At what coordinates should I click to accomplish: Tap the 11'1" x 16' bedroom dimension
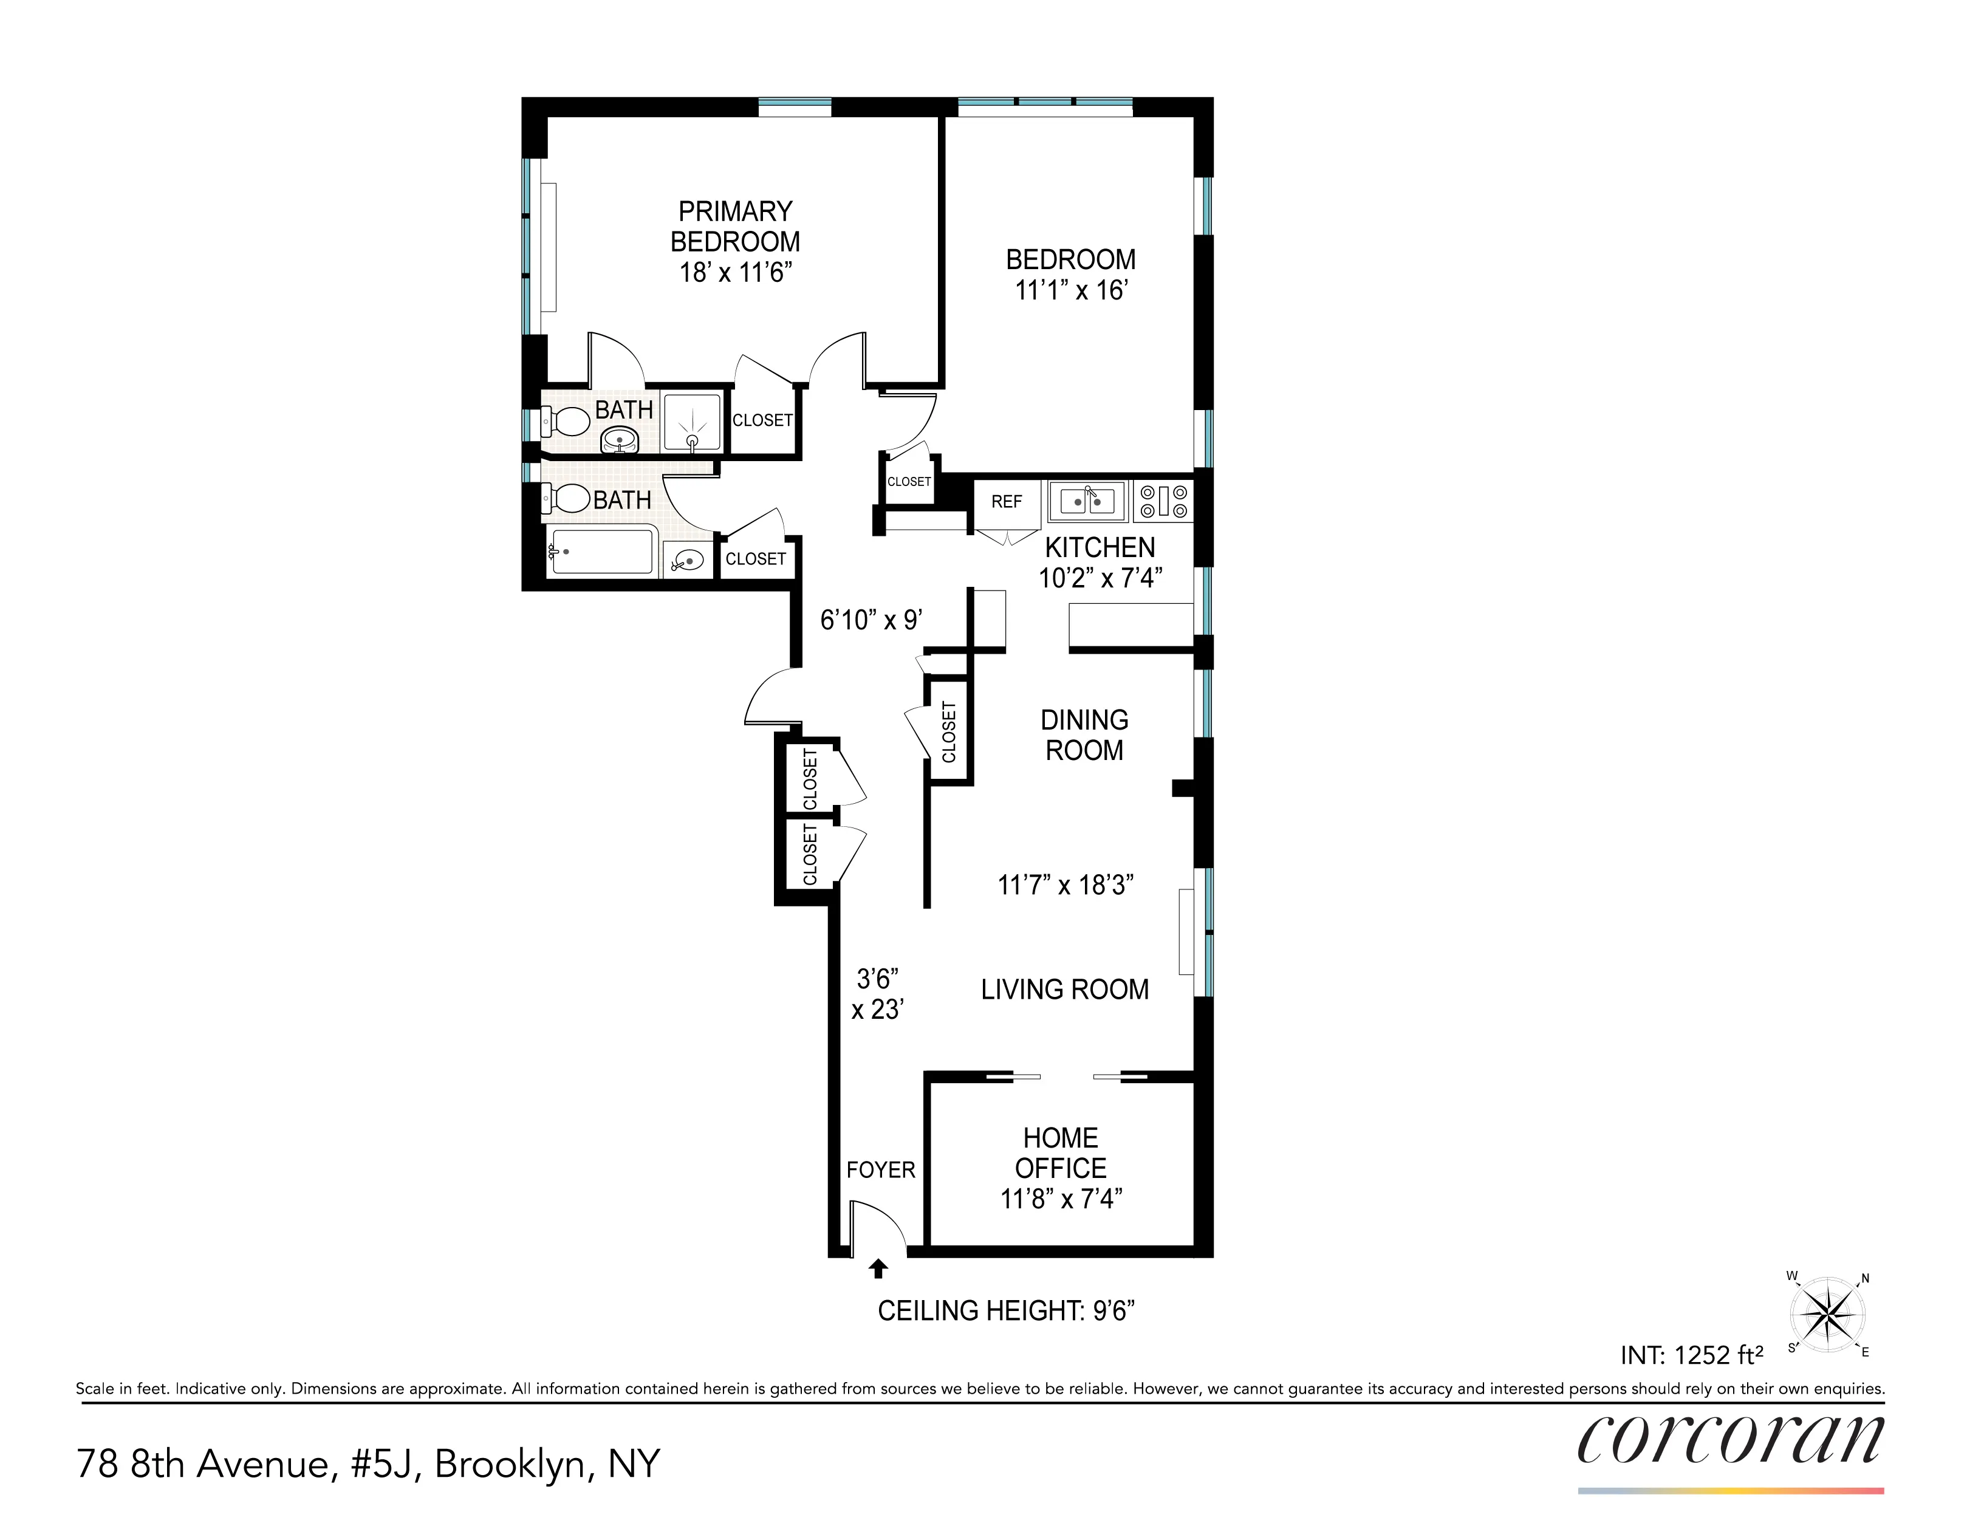click(1071, 290)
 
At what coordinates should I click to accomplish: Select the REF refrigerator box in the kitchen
click(1006, 502)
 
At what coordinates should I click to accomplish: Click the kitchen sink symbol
click(1087, 500)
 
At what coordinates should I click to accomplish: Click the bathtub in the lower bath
click(601, 551)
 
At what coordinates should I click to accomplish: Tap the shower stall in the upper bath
click(692, 422)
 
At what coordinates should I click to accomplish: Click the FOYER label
click(880, 1169)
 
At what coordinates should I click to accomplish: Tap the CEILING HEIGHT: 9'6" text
click(1005, 1311)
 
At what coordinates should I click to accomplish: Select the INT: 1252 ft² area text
click(1691, 1355)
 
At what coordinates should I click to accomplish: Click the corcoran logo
click(1729, 1441)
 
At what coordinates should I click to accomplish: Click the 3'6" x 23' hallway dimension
click(877, 994)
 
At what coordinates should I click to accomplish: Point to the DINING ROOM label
click(1084, 734)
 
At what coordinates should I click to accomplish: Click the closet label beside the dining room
click(948, 732)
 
